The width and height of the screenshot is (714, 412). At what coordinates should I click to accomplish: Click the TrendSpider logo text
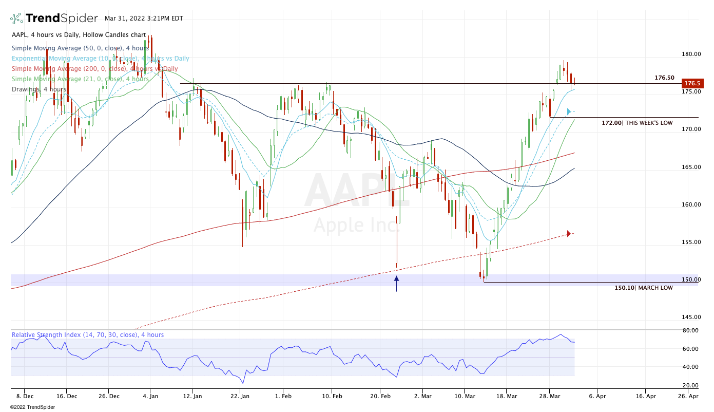coord(61,18)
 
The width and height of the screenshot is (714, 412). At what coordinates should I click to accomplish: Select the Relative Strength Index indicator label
coord(88,335)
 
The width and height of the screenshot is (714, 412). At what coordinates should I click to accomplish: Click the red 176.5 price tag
coord(691,83)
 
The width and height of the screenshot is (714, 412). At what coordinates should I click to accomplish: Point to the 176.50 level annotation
coord(664,78)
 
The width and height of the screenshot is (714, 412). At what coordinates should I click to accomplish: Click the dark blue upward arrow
coord(396,284)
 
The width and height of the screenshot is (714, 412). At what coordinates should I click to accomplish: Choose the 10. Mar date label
coord(465,396)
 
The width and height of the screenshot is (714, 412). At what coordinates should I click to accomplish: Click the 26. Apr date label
coord(688,396)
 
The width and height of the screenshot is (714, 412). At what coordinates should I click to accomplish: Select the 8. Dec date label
coord(25,396)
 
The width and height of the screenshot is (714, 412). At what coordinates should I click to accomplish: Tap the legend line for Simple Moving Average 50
coord(80,48)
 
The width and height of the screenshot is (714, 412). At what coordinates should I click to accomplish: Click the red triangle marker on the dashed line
coord(569,234)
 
